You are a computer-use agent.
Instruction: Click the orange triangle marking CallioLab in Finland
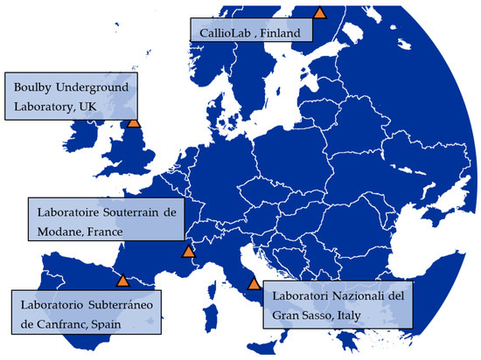(x=320, y=12)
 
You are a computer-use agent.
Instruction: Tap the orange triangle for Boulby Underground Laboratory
(x=133, y=121)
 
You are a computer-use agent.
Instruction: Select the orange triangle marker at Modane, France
(x=188, y=252)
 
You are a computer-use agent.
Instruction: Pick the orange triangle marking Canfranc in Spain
(x=123, y=280)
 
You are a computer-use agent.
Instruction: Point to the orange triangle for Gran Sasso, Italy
(x=254, y=283)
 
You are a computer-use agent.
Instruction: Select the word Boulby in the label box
(x=33, y=87)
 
